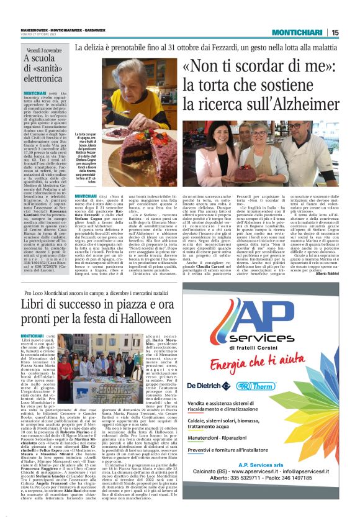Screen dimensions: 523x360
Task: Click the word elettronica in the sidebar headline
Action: [43, 79]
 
